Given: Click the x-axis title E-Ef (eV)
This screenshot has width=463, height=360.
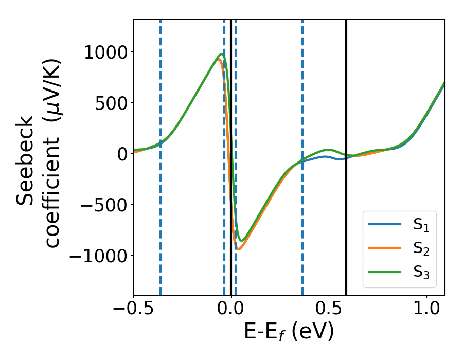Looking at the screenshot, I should pos(289,332).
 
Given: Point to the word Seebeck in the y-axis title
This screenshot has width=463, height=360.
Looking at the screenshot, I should pos(26,160).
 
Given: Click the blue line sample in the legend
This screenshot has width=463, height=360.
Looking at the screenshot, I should pos(384,224).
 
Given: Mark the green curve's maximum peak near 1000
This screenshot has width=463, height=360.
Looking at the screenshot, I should pos(222,54).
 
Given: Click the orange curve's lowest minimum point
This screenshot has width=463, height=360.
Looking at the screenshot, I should pos(238,249).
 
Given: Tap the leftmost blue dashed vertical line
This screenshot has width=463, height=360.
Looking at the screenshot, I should pos(161,154).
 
